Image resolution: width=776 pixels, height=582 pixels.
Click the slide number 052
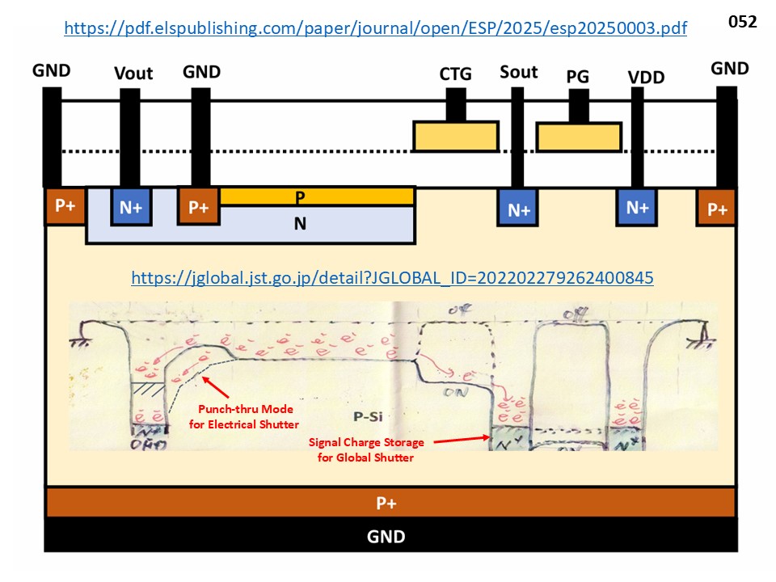click(742, 22)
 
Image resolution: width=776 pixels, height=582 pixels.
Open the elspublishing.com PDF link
click(375, 28)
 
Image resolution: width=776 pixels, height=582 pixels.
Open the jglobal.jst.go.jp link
click(392, 278)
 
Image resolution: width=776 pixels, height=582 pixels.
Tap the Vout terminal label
click(133, 74)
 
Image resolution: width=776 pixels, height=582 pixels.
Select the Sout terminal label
click(519, 72)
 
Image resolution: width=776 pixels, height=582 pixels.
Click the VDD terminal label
click(645, 78)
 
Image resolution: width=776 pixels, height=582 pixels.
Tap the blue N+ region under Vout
click(131, 207)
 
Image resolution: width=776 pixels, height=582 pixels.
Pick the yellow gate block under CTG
click(455, 136)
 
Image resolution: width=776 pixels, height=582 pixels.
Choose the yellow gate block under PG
click(579, 137)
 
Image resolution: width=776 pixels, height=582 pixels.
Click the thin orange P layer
click(316, 196)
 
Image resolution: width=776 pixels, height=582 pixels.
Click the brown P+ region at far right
click(717, 209)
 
